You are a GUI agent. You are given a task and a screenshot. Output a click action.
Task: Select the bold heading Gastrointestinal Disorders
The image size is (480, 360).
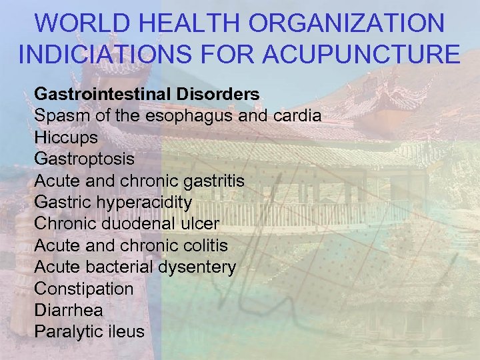147,94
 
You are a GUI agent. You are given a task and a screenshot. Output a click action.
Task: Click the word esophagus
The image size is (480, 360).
197,116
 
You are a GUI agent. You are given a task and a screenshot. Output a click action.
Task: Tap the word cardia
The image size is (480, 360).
297,116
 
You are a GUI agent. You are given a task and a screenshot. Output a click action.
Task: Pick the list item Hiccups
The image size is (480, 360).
66,138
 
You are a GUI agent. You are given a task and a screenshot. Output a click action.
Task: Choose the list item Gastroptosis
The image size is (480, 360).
84,159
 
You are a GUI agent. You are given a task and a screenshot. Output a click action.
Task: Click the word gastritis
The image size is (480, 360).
212,181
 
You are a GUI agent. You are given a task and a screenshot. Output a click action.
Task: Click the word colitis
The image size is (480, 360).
203,245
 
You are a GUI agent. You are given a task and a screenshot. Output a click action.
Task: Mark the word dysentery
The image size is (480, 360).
199,267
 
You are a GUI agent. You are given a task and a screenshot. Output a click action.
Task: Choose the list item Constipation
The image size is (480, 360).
83,289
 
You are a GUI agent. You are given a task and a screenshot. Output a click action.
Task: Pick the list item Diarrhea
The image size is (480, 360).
69,310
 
